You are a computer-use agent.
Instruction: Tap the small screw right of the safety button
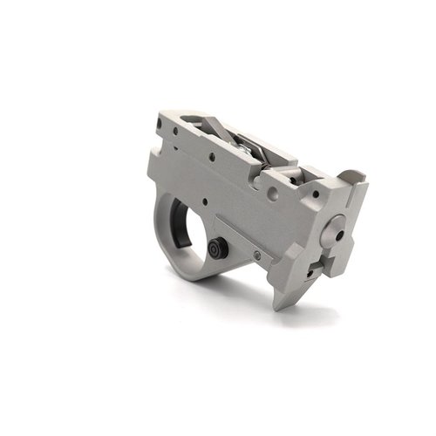pyautogui.click(x=258, y=255)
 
